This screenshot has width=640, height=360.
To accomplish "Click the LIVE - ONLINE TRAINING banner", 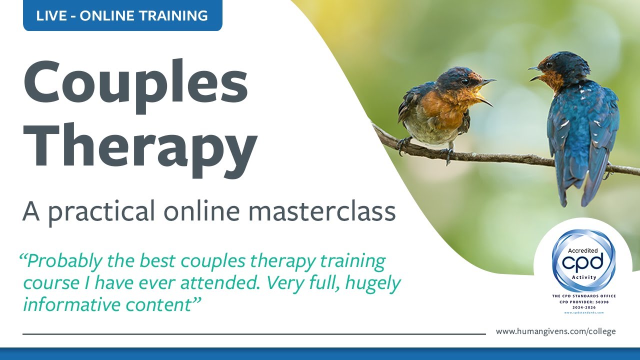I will tap(122, 15).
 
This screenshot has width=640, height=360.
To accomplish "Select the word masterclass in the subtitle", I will tap(322, 211).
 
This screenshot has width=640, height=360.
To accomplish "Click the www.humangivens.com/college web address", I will tap(555, 331).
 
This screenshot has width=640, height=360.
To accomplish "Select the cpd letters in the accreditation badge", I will tap(583, 261).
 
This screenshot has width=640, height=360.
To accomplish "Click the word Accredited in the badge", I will tap(583, 250).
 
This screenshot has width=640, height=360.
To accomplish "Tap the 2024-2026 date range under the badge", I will tap(583, 307).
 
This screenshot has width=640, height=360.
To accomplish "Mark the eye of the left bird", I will tap(465, 81).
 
